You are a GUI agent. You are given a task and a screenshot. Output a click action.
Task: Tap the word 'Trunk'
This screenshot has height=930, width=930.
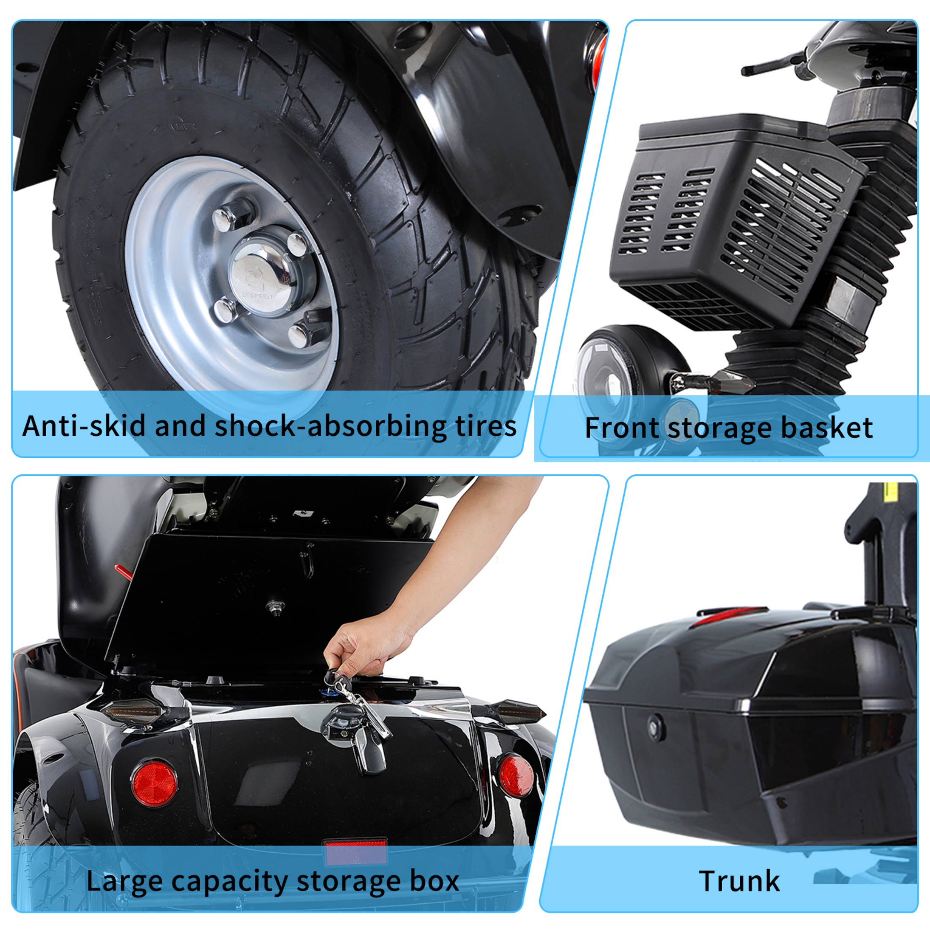(x=739, y=881)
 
